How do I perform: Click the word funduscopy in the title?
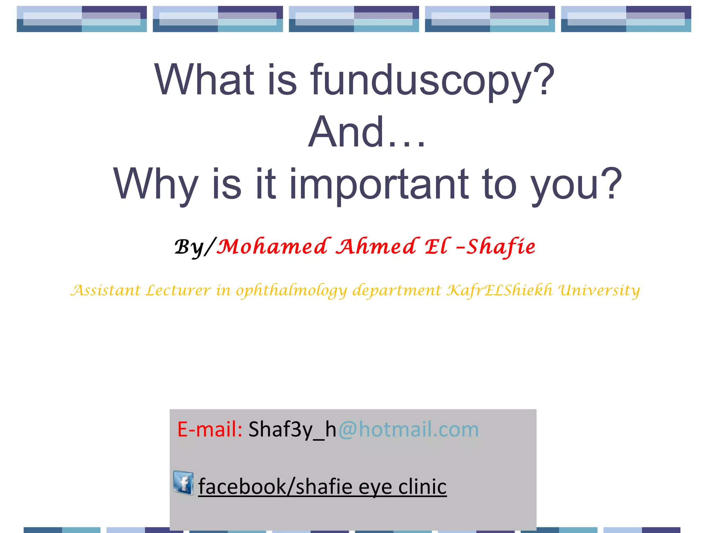432,81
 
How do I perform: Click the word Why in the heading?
156,185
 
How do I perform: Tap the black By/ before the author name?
194,247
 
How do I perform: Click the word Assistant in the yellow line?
105,290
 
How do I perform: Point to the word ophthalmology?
291,291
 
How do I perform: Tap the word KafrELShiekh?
499,290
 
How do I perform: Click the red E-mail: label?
209,429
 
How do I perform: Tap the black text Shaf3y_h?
292,429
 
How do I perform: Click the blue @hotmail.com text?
408,429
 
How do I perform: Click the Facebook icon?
183,483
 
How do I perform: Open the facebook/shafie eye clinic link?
322,487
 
